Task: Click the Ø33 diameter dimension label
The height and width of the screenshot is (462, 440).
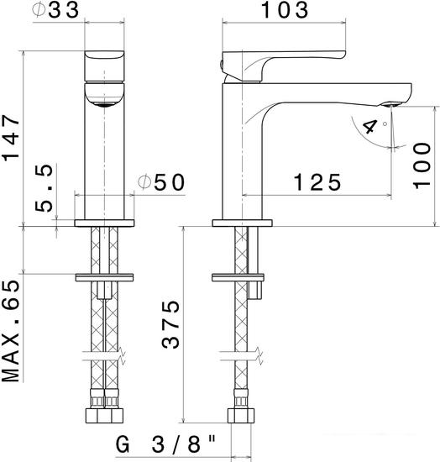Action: (56, 11)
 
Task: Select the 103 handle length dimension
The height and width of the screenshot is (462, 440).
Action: (285, 10)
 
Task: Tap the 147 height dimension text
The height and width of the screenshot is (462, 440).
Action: (11, 138)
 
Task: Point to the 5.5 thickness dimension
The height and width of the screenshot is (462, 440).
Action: (44, 188)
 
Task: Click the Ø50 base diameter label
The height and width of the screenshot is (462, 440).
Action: (161, 182)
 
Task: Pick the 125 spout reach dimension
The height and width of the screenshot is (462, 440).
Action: (317, 182)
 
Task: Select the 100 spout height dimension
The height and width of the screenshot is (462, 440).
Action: (422, 165)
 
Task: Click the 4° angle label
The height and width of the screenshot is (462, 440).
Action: (374, 126)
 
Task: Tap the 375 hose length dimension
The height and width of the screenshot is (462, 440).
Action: (170, 324)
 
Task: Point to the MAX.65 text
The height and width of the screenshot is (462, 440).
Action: (11, 331)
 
